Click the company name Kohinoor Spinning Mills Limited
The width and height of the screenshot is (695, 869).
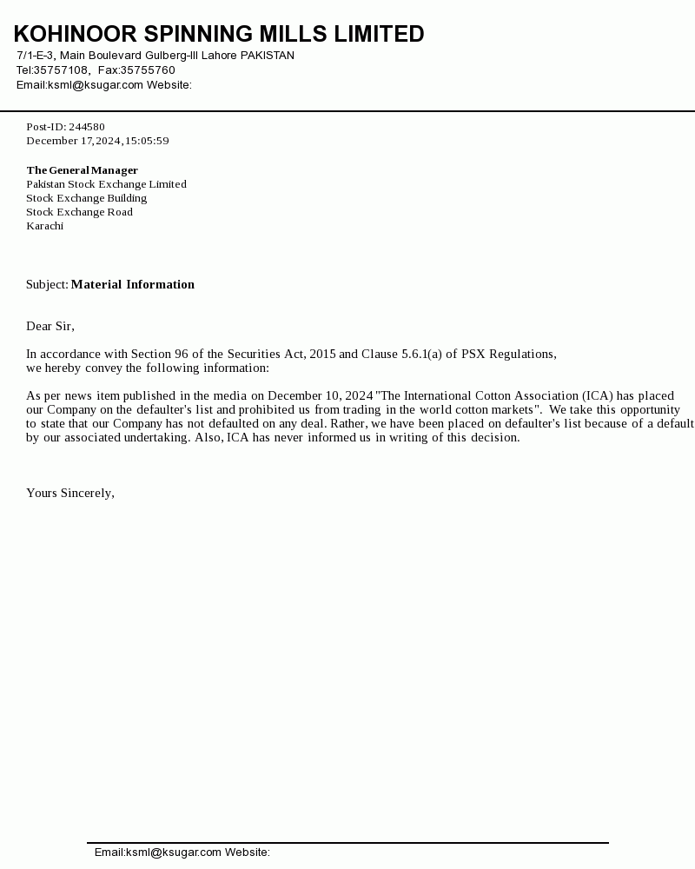pyautogui.click(x=219, y=34)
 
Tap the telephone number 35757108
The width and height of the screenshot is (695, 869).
pyautogui.click(x=61, y=70)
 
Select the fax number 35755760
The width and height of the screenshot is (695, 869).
pyautogui.click(x=148, y=70)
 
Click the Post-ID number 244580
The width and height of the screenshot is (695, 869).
pyautogui.click(x=87, y=127)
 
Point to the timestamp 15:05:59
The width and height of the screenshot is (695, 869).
pyautogui.click(x=147, y=141)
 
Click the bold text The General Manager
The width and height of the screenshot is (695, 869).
pyautogui.click(x=82, y=170)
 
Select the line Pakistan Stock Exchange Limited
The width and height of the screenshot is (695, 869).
pyautogui.click(x=106, y=184)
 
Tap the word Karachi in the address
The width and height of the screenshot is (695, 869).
pyautogui.click(x=44, y=226)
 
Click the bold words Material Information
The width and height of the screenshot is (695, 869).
pyautogui.click(x=133, y=284)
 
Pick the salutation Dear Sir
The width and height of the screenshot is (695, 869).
pyautogui.click(x=50, y=326)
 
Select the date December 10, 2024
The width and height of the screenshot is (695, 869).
pyautogui.click(x=321, y=395)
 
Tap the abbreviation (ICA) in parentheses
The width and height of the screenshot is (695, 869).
pyautogui.click(x=598, y=395)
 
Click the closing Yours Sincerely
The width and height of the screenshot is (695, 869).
pyautogui.click(x=69, y=493)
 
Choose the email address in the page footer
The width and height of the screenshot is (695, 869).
pyautogui.click(x=174, y=852)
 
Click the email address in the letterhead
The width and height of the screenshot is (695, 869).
pyautogui.click(x=96, y=85)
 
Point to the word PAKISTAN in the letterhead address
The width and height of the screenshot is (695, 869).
pyautogui.click(x=267, y=56)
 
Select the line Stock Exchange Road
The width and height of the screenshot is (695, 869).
pyautogui.click(x=79, y=212)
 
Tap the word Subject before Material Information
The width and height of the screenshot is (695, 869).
pyautogui.click(x=46, y=284)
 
